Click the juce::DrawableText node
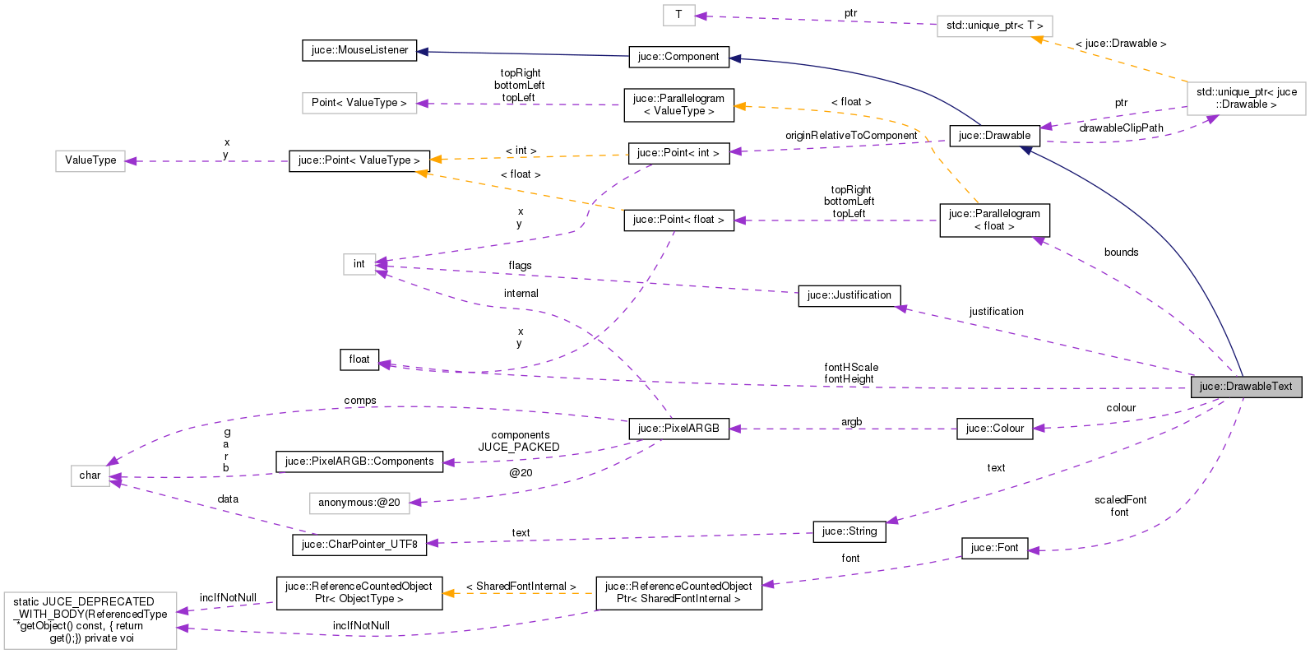pyautogui.click(x=1245, y=387)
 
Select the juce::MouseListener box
pyautogui.click(x=359, y=50)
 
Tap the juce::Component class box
pyautogui.click(x=678, y=57)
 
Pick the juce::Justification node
pyautogui.click(x=849, y=295)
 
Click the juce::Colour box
pyautogui.click(x=994, y=429)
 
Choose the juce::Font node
pyautogui.click(x=994, y=548)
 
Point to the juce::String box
pyautogui.click(x=849, y=531)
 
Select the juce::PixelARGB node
pyautogui.click(x=678, y=429)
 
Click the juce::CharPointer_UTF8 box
pyautogui.click(x=359, y=545)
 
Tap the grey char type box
pyautogui.click(x=90, y=475)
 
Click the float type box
pyautogui.click(x=359, y=359)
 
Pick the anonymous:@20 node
pyautogui.click(x=359, y=503)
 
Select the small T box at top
pyautogui.click(x=678, y=14)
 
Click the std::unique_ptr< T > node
pyautogui.click(x=994, y=26)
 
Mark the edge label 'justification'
pyautogui.click(x=996, y=312)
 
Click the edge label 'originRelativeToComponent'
pyautogui.click(x=851, y=136)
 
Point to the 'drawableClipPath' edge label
pyautogui.click(x=1121, y=128)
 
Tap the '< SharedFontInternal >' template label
pyautogui.click(x=521, y=587)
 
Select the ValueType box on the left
pyautogui.click(x=90, y=160)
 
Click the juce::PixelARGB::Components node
pyautogui.click(x=359, y=462)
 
